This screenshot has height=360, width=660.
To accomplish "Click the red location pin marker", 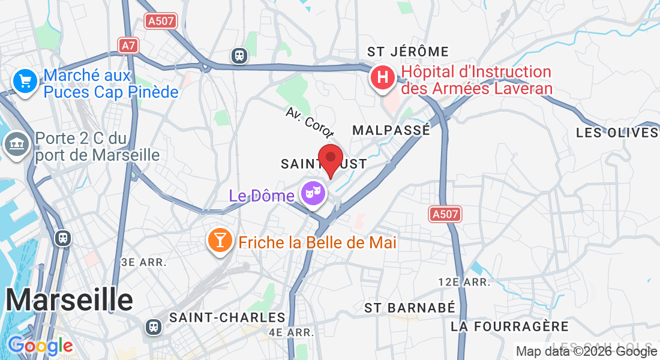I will click(330, 159).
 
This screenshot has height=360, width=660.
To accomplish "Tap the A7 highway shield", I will click(128, 46).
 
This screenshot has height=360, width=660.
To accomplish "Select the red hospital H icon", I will click(382, 77).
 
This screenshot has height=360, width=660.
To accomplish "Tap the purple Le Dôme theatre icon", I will click(313, 194).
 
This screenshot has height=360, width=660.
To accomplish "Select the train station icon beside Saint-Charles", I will click(154, 327).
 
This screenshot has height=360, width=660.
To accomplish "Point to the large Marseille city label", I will click(70, 299).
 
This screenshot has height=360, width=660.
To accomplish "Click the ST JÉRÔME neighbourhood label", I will click(408, 52).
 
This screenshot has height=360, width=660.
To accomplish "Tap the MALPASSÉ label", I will click(391, 130).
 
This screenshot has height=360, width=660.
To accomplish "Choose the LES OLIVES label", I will click(617, 133).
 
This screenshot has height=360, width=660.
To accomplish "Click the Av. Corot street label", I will click(310, 124).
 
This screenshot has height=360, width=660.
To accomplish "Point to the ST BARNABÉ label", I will click(410, 308).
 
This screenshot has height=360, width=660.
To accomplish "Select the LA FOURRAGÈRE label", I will click(509, 326).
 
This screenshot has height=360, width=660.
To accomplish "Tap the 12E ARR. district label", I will click(465, 282).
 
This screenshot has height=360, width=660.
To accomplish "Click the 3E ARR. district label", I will click(144, 262).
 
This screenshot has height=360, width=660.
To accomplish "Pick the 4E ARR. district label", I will click(292, 332).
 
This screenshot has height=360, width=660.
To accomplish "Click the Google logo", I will click(40, 346).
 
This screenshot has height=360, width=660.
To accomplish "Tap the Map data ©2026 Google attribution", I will click(586, 352).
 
